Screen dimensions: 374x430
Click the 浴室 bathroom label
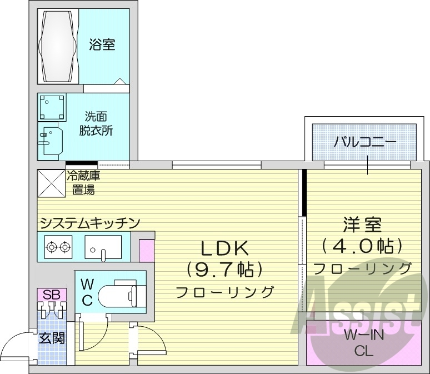[x=102, y=45]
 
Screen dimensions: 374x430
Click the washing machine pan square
[x=52, y=107]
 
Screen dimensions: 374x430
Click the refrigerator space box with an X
[x=51, y=183]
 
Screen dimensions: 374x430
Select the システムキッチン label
[x=88, y=223]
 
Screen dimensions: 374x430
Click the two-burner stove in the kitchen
[x=58, y=246]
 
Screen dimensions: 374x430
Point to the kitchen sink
[x=103, y=246]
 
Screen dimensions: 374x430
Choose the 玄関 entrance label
[x=51, y=337]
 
